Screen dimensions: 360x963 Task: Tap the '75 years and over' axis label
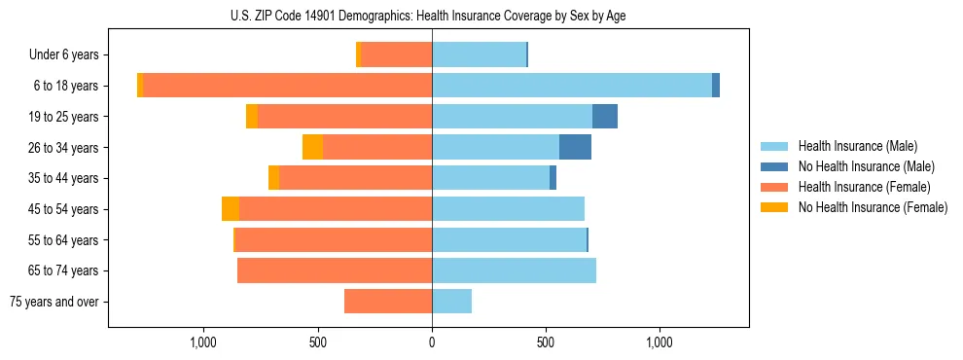[x=54, y=302]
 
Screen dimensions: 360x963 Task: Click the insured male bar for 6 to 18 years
[x=572, y=86]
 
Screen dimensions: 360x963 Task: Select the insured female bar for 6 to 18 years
[x=288, y=86]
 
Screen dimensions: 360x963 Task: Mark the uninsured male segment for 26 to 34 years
[x=575, y=147]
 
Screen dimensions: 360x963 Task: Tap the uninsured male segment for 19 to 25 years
[x=605, y=117]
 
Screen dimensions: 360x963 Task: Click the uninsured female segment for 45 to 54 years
[x=231, y=209]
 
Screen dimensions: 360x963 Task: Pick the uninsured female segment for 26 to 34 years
[x=312, y=147]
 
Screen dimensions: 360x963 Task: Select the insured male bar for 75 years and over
[x=451, y=302]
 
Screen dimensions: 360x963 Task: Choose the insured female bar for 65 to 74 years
[x=335, y=270]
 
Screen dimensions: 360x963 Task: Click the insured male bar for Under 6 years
[x=479, y=54]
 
